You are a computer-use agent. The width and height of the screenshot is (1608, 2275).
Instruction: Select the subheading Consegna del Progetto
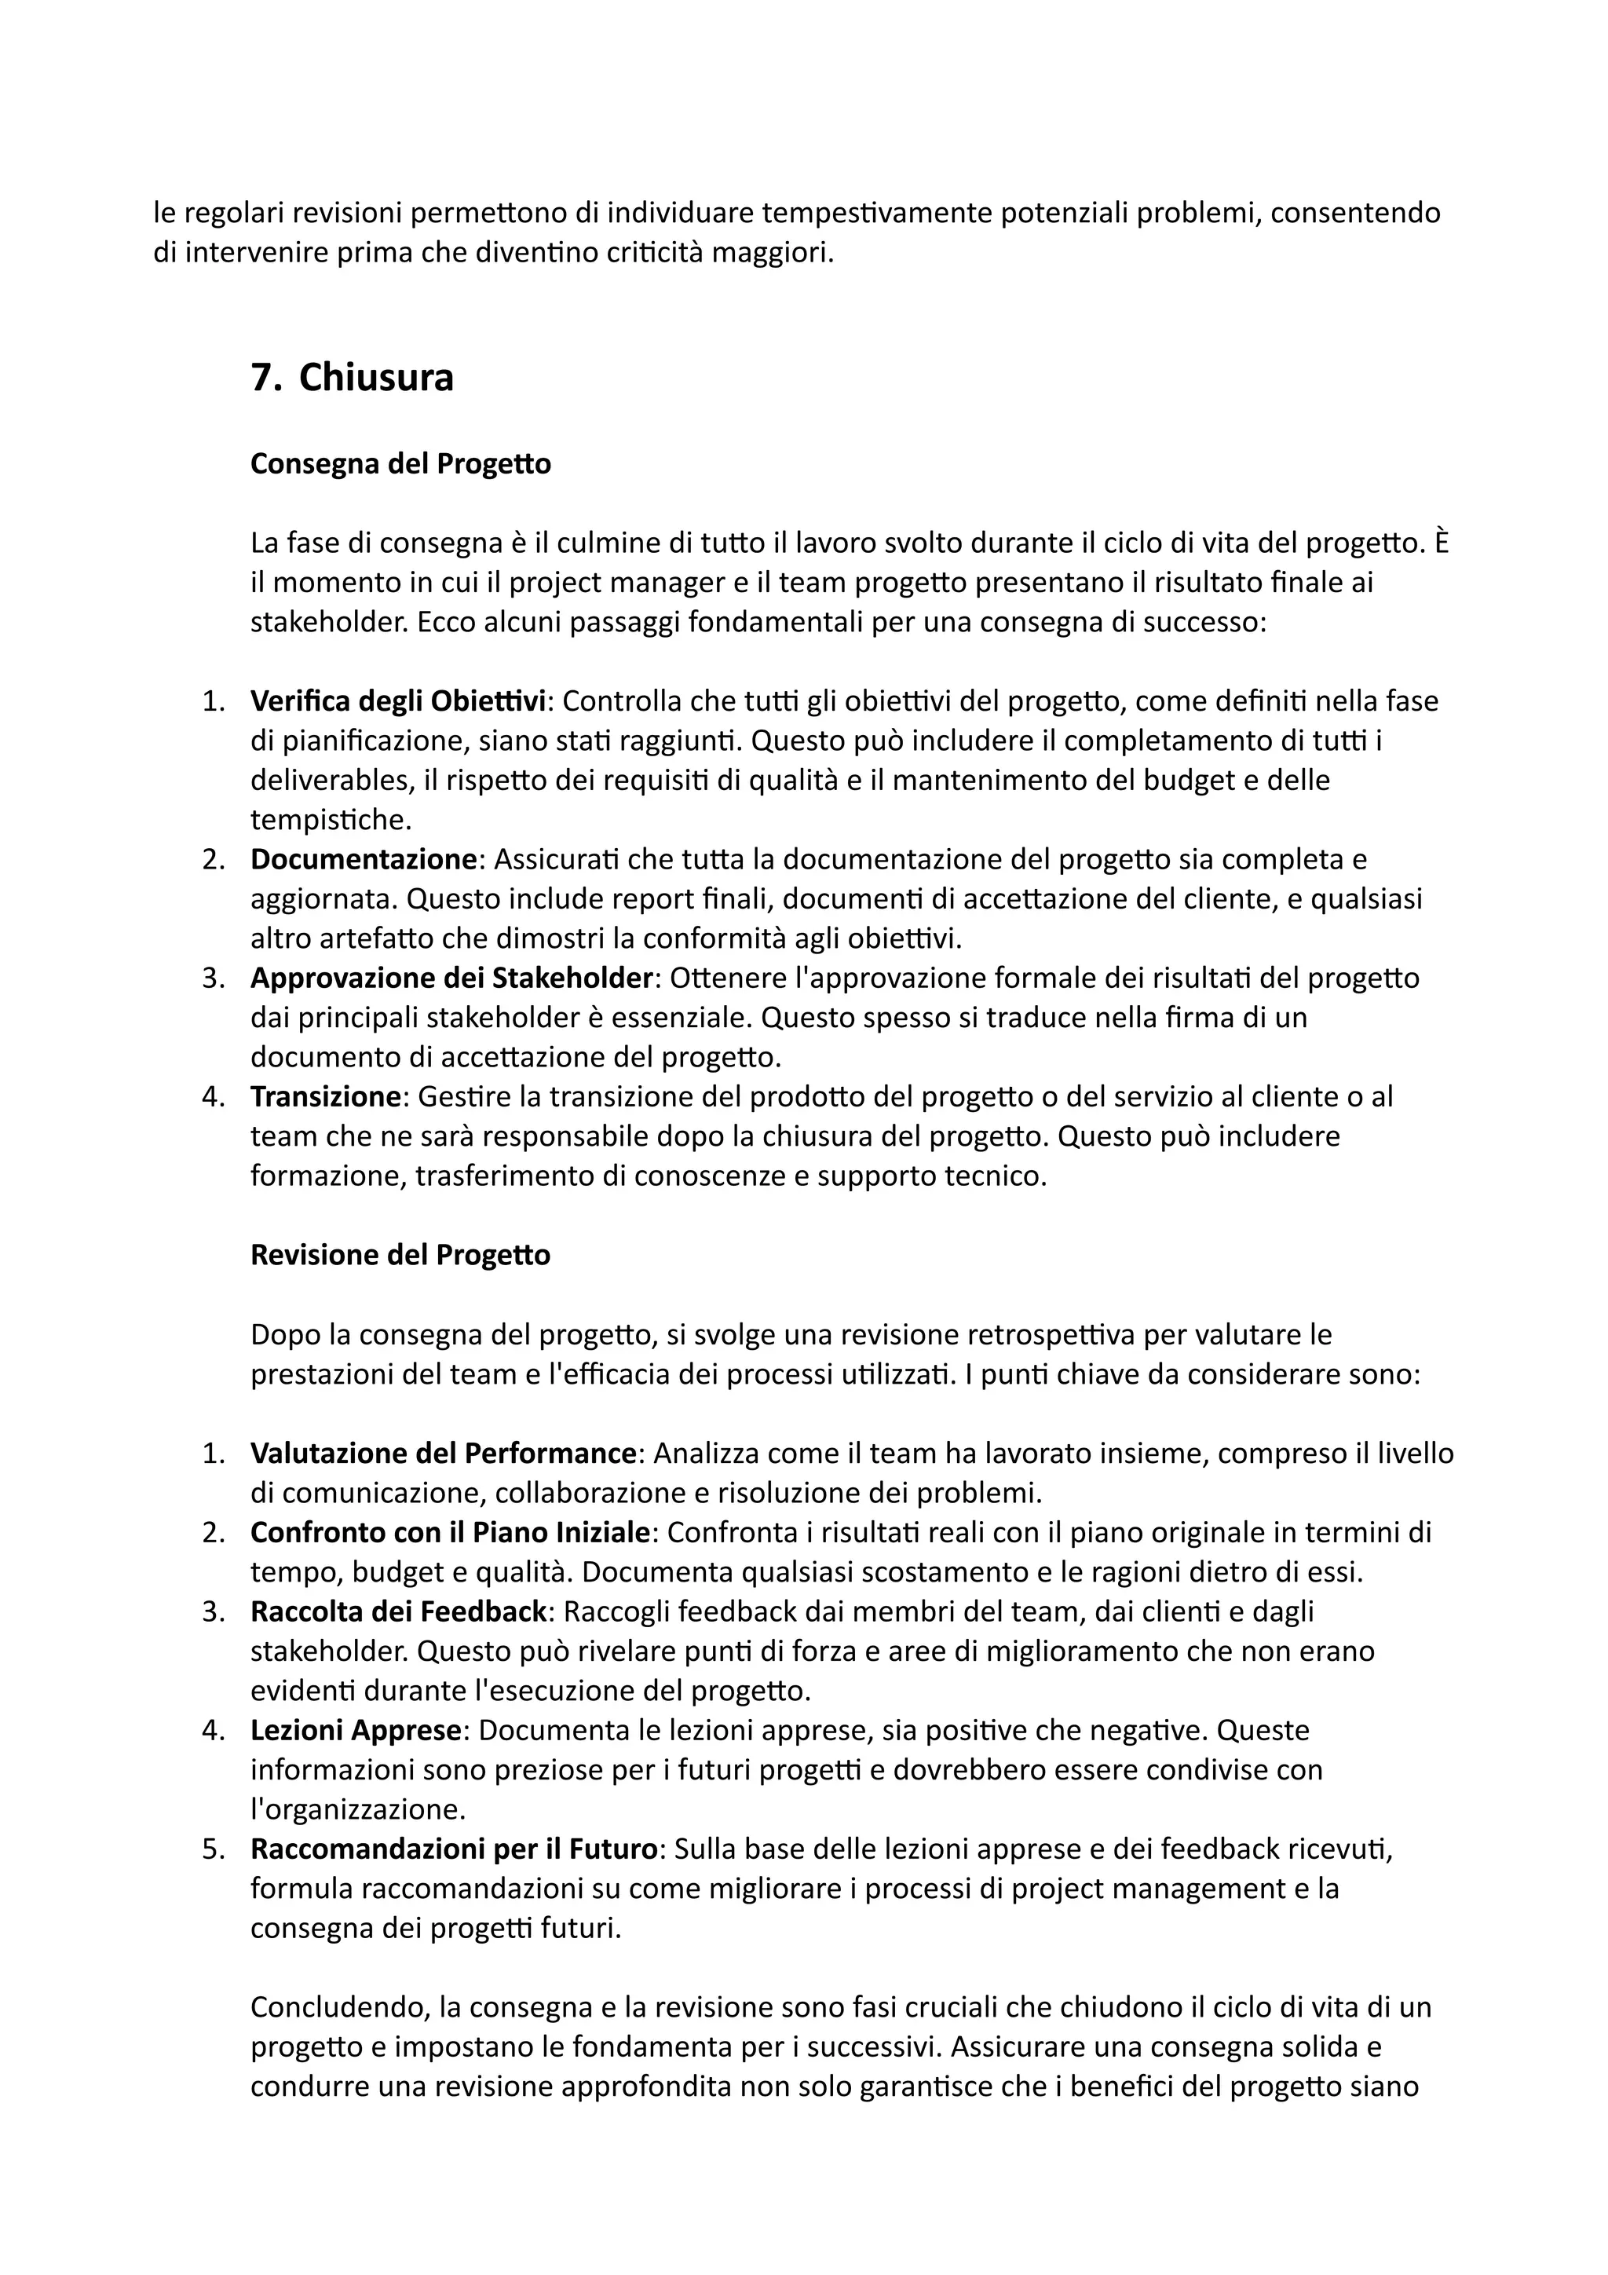[x=400, y=464]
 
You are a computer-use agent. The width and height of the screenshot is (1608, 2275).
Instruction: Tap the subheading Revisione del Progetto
[x=400, y=1256]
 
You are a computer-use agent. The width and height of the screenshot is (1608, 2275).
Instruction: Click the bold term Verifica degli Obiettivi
[x=398, y=701]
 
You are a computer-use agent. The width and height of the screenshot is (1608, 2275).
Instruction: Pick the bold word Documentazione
[x=364, y=859]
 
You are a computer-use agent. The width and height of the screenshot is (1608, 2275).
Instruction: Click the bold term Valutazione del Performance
[x=443, y=1454]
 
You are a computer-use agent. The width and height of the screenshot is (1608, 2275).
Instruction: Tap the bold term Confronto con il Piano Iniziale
[x=450, y=1533]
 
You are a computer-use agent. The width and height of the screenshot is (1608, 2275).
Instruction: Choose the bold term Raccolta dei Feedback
[x=398, y=1612]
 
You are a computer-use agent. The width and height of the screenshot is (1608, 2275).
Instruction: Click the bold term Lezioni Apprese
[x=356, y=1731]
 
